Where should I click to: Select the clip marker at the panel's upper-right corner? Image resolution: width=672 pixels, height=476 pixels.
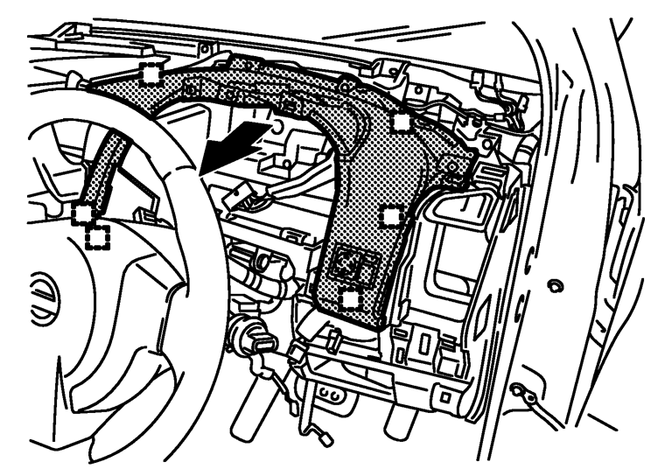(400, 121)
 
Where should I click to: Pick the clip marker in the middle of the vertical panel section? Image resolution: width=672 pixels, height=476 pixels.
(393, 213)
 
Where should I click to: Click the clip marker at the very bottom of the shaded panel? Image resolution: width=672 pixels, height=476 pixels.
(351, 298)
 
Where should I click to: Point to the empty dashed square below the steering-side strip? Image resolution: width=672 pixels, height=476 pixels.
(97, 235)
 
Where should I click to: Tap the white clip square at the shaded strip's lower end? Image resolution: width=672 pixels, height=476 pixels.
(83, 213)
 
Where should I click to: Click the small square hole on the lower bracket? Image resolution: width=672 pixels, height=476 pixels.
(445, 397)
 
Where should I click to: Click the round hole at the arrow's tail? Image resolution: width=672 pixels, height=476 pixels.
(278, 128)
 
